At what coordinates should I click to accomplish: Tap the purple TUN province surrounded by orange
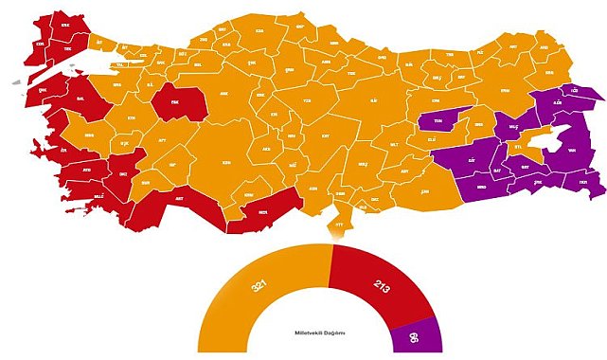(439, 121)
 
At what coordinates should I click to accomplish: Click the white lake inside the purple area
(545, 140)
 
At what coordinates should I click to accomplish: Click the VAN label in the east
(571, 150)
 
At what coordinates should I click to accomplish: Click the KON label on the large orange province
(225, 162)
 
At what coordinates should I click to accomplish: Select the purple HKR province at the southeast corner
(584, 181)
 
